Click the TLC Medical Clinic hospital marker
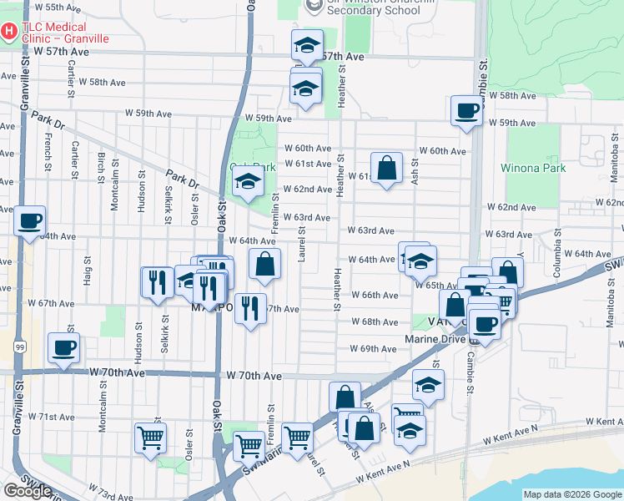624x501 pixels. click(9, 32)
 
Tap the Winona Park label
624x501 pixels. click(533, 168)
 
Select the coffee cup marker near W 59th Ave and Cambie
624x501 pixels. click(466, 110)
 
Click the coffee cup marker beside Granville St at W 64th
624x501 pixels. click(30, 221)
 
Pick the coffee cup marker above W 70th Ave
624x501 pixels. click(63, 348)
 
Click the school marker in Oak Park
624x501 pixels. click(247, 180)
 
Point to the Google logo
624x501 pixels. click(27, 491)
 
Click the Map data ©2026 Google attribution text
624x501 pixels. click(572, 494)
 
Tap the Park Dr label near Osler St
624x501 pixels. click(182, 180)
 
